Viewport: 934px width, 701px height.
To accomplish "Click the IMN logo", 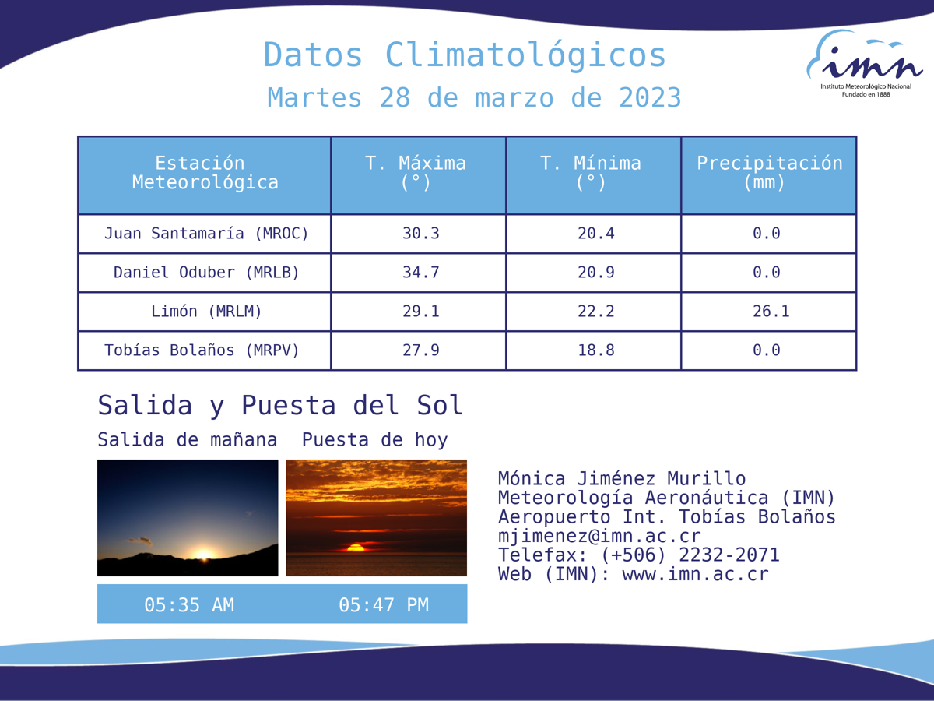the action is coord(865,63).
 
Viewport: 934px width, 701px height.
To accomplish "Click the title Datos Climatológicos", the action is coord(465,56).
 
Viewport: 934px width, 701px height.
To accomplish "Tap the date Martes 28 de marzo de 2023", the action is coord(474,97).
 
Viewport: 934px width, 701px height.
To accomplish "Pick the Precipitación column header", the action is coord(769,173).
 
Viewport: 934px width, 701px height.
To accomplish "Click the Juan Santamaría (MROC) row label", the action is coord(206,234).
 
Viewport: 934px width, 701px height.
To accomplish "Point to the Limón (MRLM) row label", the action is coord(206,312).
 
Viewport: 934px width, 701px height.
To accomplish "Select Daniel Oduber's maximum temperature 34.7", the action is coord(421,273).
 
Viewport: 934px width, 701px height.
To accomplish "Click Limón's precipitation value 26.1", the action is coord(771,312).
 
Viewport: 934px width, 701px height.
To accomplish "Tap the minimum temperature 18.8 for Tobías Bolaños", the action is coord(595,350).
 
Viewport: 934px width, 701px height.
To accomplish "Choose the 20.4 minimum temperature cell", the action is coord(595,234).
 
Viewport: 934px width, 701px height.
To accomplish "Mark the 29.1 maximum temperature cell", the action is coord(421,312).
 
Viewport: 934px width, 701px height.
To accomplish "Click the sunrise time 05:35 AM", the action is coord(189,605).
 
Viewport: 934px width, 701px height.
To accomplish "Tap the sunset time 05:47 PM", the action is coord(384,605).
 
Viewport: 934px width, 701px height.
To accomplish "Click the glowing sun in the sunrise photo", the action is coord(203,554).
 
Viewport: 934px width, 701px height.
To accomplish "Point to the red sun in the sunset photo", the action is coord(356,548).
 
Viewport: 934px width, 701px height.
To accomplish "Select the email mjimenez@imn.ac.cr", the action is coord(599,537).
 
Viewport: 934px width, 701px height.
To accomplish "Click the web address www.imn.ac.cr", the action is coord(695,575).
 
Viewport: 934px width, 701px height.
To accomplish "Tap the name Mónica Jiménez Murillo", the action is coord(622,478).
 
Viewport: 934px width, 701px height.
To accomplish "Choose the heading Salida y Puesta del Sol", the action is coord(280,405).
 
